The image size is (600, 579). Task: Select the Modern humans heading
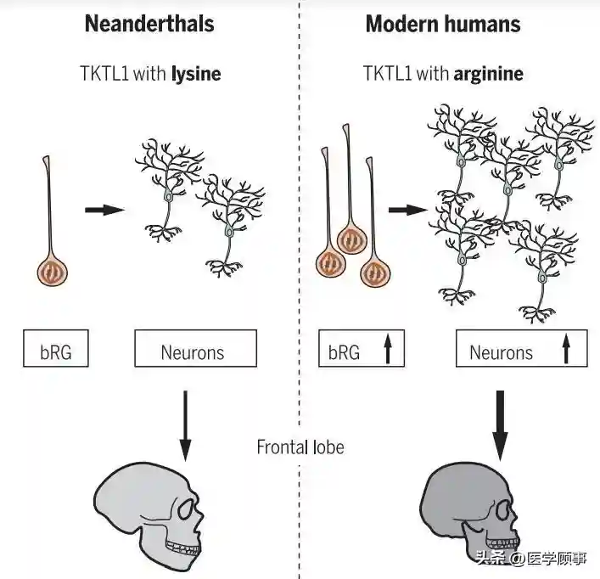[x=442, y=24]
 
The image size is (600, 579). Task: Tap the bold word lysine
[x=196, y=74]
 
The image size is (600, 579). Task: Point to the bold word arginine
[x=488, y=74]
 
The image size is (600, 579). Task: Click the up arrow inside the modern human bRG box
[x=388, y=350]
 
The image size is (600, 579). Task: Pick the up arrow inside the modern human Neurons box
[x=566, y=350]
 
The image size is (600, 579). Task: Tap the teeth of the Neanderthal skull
[x=182, y=546]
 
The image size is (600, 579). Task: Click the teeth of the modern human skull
[x=502, y=543]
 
